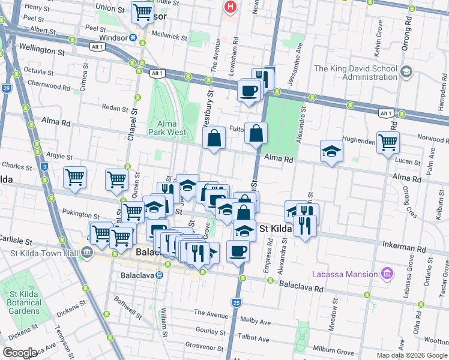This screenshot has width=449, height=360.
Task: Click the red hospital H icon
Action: [229, 7]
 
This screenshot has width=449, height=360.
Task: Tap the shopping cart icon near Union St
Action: [142, 12]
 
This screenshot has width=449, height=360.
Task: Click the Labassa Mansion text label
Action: [345, 275]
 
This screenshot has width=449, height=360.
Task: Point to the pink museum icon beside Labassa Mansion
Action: [387, 274]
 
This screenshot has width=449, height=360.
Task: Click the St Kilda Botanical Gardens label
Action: [25, 302]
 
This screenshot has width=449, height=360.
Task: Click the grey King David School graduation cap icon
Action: [406, 72]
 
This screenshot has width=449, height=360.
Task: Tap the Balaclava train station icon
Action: [159, 275]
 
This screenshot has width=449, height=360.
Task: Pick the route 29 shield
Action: [6, 89]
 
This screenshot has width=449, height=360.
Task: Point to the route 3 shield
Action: [44, 166]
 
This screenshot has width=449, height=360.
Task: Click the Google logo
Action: [20, 353]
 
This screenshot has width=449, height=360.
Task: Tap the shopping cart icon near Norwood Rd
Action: [388, 142]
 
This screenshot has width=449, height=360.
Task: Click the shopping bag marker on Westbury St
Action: [214, 139]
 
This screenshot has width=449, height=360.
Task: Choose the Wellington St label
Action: [41, 52]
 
